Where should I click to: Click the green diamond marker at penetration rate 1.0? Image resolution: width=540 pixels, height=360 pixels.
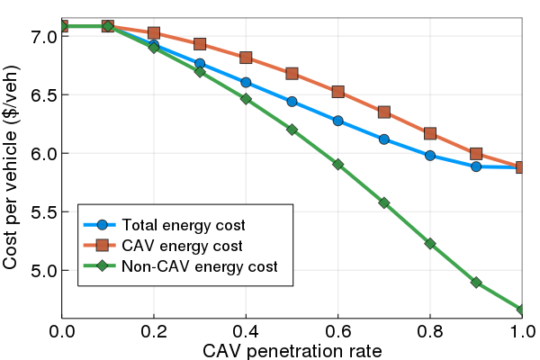[x=522, y=310]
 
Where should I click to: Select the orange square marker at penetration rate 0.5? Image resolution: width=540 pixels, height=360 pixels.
[x=292, y=74]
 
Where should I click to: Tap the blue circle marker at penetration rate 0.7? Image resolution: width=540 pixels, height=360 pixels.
[x=384, y=139]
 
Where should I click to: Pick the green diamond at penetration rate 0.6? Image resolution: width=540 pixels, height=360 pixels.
[x=337, y=164]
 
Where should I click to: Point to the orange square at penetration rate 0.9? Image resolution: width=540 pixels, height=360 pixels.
[x=476, y=154]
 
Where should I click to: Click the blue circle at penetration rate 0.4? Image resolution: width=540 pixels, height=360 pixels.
[x=246, y=83]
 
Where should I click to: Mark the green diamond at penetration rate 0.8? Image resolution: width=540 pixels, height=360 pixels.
[x=430, y=243]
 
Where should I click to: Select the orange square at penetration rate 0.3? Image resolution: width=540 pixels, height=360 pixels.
[x=200, y=44]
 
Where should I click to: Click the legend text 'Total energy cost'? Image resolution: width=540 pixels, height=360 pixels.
[x=184, y=225]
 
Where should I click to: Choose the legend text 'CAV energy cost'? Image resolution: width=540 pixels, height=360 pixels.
[x=176, y=246]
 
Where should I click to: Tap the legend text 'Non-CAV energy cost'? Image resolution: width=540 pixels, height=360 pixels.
[x=200, y=266]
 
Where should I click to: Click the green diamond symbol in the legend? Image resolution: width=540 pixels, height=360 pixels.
[x=102, y=266]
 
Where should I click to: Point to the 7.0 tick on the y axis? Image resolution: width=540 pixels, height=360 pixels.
[x=45, y=36]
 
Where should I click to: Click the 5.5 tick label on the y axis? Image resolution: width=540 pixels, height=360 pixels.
[x=45, y=211]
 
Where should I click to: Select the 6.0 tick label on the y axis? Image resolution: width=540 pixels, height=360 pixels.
[x=45, y=153]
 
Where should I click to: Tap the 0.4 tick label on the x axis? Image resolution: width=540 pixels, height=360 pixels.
[x=246, y=331]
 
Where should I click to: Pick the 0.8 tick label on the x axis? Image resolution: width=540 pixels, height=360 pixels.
[x=430, y=331]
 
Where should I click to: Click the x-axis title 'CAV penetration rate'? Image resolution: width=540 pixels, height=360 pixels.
[x=292, y=349]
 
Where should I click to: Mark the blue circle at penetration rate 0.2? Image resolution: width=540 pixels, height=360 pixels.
[x=154, y=46]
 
